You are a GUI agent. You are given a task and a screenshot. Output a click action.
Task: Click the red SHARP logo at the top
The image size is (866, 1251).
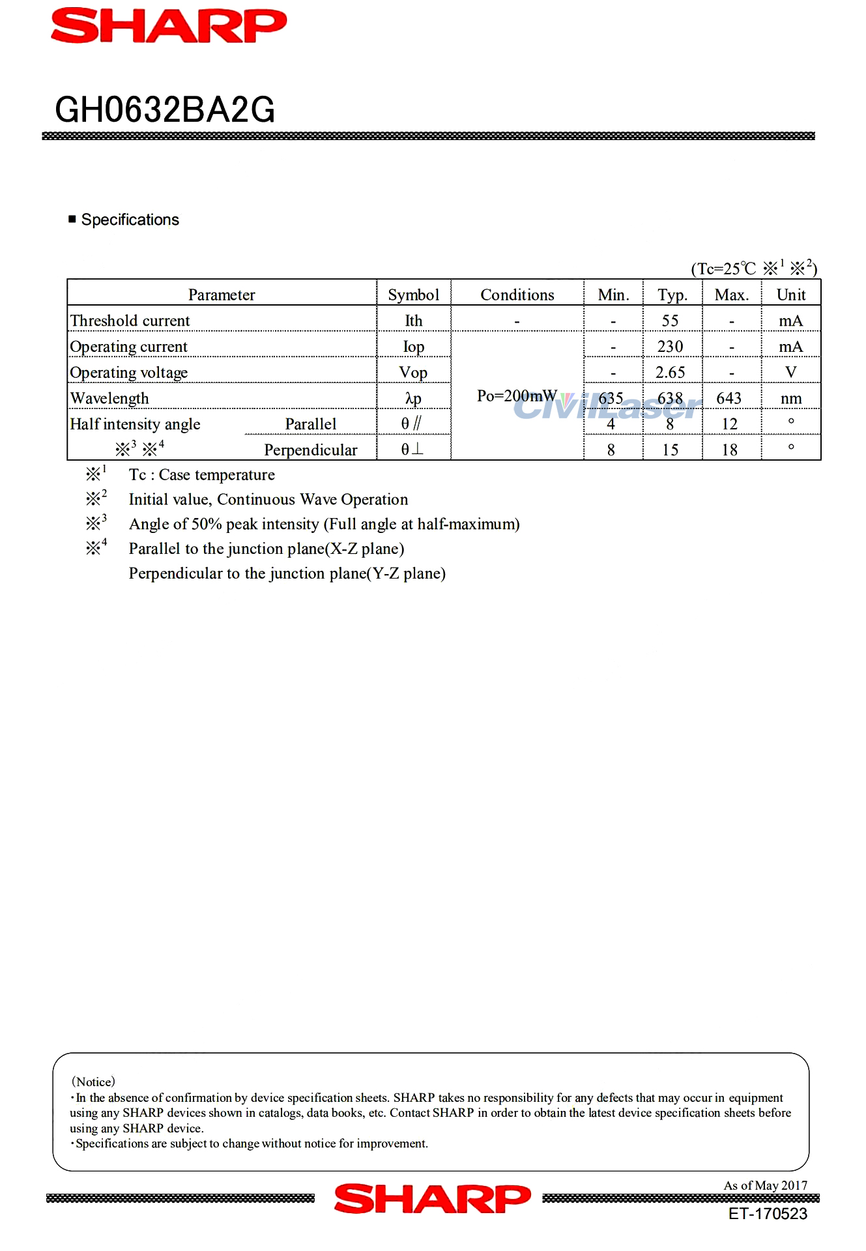point(169,26)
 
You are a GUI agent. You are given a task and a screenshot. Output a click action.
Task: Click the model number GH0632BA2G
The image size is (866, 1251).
point(165,109)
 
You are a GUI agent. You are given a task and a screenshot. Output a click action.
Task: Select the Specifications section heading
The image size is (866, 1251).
point(130,220)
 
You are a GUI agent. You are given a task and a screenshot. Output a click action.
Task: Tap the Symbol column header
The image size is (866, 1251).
point(413,295)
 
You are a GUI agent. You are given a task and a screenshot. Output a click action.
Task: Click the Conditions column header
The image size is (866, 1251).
point(517,295)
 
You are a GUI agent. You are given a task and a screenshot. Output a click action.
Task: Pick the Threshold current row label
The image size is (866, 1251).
point(130,321)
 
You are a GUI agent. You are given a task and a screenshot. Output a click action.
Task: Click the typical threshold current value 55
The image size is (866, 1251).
point(670,321)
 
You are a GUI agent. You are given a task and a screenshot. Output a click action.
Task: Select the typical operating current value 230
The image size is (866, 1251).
point(670,346)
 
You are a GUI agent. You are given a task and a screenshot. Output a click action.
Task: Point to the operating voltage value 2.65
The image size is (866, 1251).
point(670,372)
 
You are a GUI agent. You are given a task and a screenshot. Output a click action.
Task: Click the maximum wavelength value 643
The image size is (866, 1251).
point(729,397)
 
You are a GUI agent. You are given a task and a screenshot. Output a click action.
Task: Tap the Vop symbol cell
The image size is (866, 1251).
point(413,372)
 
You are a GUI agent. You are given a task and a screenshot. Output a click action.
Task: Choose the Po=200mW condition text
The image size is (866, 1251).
point(517,395)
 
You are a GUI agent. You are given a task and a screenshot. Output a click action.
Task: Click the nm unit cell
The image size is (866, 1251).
point(790,398)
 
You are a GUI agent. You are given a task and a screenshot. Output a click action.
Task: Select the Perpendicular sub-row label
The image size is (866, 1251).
point(311,450)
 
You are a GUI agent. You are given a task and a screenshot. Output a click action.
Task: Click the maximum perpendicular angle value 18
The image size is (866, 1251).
point(729,450)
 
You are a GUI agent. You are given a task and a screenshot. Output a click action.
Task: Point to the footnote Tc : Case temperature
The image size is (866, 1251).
point(201,474)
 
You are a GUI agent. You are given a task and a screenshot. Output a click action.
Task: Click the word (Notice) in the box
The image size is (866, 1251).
point(93,1082)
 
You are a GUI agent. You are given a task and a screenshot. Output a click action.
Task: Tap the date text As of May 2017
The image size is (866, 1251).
point(765,1185)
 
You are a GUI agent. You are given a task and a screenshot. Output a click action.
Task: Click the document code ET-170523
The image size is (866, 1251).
point(768,1214)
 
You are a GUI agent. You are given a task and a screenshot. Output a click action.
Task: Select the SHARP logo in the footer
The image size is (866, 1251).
point(432,1199)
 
